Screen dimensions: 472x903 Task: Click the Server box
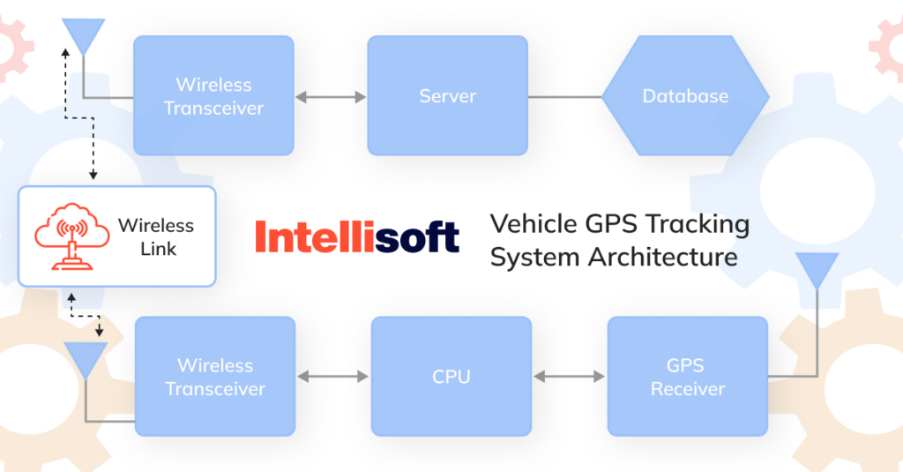[x=447, y=95]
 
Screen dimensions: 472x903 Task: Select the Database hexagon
[x=685, y=95]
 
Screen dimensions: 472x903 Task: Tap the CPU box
[x=451, y=377]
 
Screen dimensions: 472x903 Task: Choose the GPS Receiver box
[x=687, y=377]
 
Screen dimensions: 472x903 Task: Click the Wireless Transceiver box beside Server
[x=213, y=95]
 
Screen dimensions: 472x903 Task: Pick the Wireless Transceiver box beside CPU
[x=214, y=377]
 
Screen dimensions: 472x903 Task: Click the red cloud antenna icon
[x=67, y=236]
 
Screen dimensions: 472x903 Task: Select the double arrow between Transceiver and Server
[x=331, y=96]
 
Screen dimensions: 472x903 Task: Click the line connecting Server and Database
[x=564, y=96]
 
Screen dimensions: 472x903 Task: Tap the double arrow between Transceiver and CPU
[x=332, y=377]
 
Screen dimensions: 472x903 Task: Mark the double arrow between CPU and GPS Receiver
[x=569, y=377]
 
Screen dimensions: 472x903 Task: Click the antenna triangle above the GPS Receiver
[x=817, y=269]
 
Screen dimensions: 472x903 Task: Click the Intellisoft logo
[x=356, y=236]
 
